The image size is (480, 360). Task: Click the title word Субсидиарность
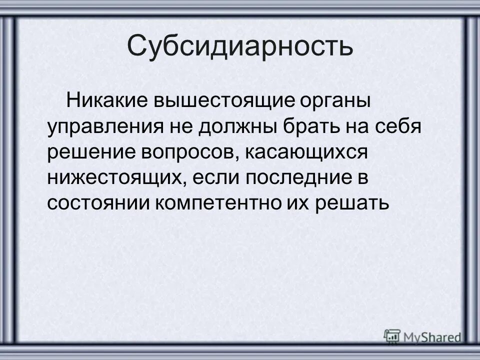pyautogui.click(x=240, y=46)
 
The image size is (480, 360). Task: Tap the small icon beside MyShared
pyautogui.click(x=392, y=336)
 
